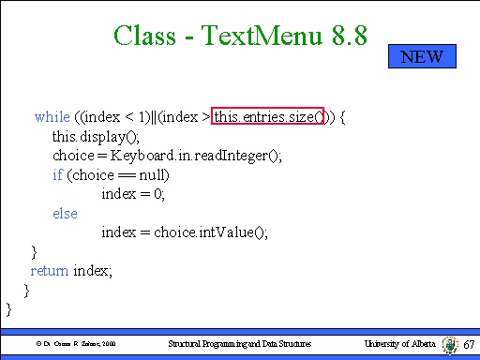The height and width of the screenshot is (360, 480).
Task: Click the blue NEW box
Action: [x=422, y=56]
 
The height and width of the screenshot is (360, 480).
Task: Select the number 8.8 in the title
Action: [x=346, y=37]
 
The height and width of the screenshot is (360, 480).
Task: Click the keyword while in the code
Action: [x=52, y=117]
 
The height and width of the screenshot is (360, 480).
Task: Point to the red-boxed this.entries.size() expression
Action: [x=268, y=117]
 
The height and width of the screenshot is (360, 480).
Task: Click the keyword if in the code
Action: [x=57, y=175]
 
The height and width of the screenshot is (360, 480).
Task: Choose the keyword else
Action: [x=65, y=214]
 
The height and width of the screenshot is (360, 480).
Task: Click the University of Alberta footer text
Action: [x=399, y=345]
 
